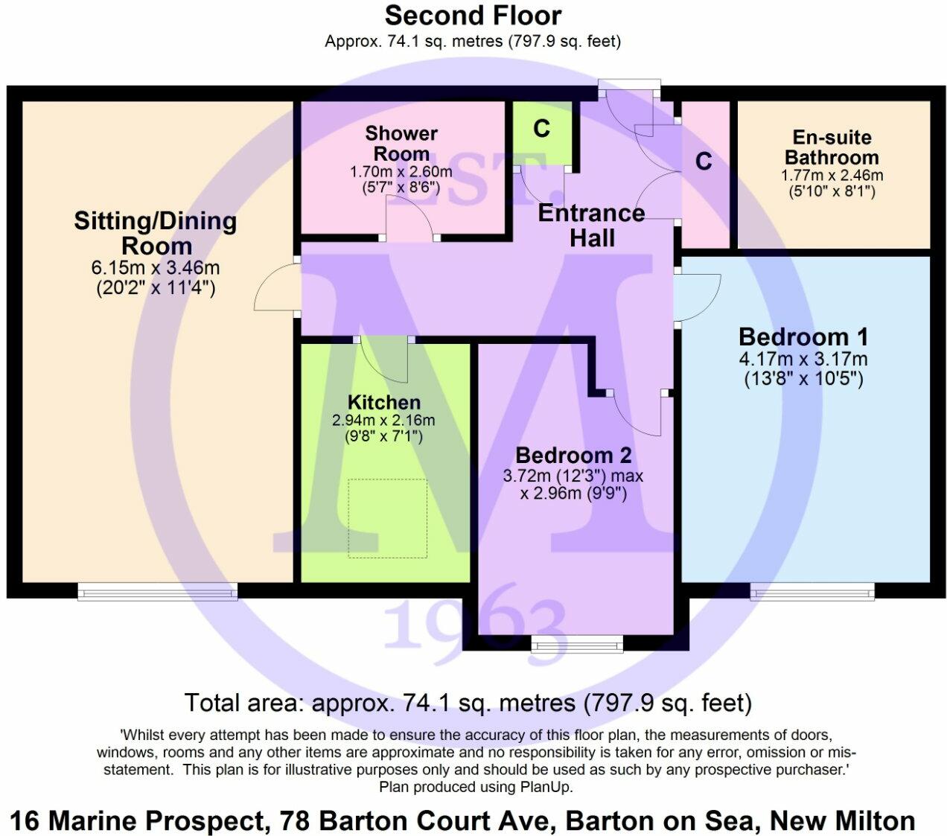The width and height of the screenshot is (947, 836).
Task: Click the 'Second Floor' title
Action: coord(473,16)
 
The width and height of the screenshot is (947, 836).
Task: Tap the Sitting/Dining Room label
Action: coord(156,233)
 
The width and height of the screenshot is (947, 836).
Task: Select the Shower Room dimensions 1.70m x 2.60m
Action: coord(401,172)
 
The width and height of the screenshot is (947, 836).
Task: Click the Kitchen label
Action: coord(383,403)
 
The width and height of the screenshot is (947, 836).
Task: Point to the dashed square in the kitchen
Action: coord(387,518)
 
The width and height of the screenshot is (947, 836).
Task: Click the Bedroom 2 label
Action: coord(573,455)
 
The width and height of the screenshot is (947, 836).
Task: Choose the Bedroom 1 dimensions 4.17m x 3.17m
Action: coord(803,359)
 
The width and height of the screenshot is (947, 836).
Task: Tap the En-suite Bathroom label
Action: coord(832,147)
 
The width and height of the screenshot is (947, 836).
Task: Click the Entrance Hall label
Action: coord(592,226)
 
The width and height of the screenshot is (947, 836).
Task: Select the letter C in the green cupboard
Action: coord(542,129)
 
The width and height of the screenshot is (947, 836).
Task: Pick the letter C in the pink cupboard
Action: coord(704,161)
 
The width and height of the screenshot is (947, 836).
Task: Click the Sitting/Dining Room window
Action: coord(158,592)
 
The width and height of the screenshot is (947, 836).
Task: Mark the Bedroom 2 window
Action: coord(577,644)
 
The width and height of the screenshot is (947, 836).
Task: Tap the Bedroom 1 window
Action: coord(812,592)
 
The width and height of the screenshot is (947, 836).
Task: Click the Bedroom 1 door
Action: coord(698,296)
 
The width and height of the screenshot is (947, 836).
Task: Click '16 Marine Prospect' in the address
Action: coord(138,821)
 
